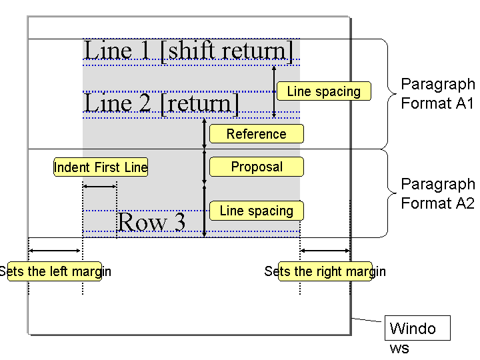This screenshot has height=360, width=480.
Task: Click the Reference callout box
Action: pyautogui.click(x=257, y=134)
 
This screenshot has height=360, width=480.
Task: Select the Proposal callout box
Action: pyautogui.click(x=257, y=167)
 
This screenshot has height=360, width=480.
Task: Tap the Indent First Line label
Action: pyautogui.click(x=101, y=167)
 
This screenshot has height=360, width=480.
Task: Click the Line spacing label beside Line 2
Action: pyautogui.click(x=324, y=91)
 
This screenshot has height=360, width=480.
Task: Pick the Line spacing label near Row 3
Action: pyautogui.click(x=257, y=211)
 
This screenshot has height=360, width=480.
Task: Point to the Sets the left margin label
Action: pyautogui.click(x=55, y=271)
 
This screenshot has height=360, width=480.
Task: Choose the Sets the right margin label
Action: pyautogui.click(x=325, y=271)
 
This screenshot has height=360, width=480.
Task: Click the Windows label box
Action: pyautogui.click(x=417, y=328)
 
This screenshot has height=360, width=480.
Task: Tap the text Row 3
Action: pyautogui.click(x=151, y=222)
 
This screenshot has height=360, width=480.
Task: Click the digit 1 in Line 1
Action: pyautogui.click(x=145, y=50)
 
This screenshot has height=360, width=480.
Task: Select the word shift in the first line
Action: pyautogui.click(x=195, y=50)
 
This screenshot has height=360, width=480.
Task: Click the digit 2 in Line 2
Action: pyautogui.click(x=145, y=103)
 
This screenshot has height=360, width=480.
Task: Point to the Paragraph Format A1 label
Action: pyautogui.click(x=438, y=93)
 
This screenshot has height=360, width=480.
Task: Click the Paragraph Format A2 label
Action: pyautogui.click(x=438, y=193)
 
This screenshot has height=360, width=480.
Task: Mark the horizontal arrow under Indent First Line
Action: pyautogui.click(x=100, y=186)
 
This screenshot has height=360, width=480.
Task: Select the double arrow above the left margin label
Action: pyautogui.click(x=55, y=251)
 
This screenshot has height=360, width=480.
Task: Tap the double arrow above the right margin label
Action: pyautogui.click(x=325, y=251)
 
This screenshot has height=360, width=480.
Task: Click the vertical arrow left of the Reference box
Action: pyautogui.click(x=205, y=134)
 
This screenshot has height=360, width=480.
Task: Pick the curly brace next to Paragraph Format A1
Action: pyautogui.click(x=388, y=94)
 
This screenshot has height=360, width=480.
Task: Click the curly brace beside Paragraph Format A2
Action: pyautogui.click(x=388, y=193)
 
